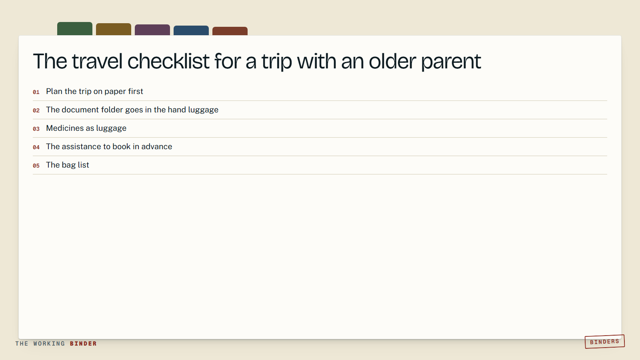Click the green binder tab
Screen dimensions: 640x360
coord(74,28)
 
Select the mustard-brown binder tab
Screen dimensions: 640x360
coord(114,29)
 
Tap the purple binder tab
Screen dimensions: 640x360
coord(152,30)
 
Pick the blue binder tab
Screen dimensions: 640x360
coord(191,30)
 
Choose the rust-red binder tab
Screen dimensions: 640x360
coord(230,31)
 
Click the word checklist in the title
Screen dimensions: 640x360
coord(168,61)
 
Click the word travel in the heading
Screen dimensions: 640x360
coord(97,61)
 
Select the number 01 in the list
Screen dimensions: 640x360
coord(36,92)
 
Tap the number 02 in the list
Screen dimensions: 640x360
coord(36,110)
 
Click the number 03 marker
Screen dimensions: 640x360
coord(36,129)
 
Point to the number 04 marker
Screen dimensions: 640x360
coord(36,147)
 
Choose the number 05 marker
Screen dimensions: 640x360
coord(36,166)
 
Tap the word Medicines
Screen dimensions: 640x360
coord(65,128)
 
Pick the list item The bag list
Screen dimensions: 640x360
coord(68,165)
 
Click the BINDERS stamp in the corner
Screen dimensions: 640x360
coord(604,342)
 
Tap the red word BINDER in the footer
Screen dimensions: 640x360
coord(83,344)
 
